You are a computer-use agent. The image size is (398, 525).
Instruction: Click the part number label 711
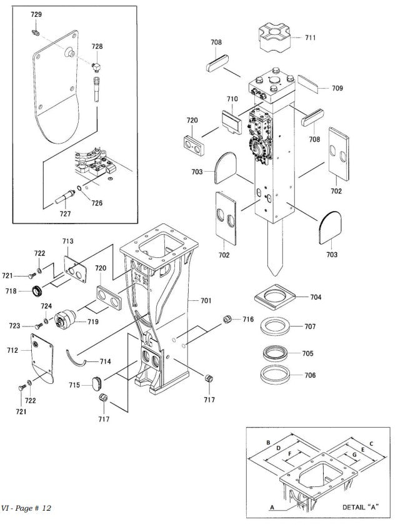coord(310,37)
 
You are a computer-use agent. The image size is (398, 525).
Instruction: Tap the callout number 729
coord(37,13)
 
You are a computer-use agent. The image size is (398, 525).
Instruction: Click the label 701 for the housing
coord(206,301)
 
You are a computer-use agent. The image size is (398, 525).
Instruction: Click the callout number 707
coord(309,326)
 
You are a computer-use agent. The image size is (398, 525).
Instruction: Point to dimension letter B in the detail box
coord(268,443)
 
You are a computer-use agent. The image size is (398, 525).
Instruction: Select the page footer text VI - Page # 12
coord(27,509)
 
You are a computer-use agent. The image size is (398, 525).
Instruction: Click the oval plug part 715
coord(96,381)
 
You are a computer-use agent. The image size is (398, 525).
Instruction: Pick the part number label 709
coord(337,88)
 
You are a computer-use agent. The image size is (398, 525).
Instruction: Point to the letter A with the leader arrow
coord(272,508)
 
